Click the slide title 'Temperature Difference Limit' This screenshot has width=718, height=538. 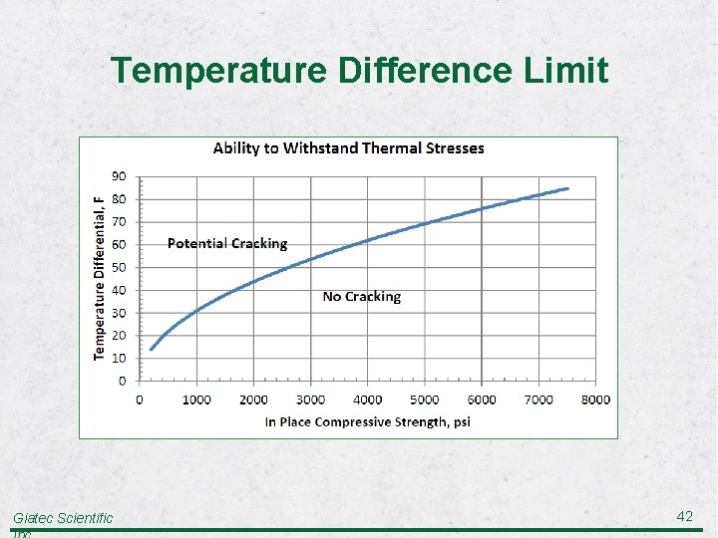(x=359, y=72)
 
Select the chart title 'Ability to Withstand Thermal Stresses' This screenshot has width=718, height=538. (x=348, y=148)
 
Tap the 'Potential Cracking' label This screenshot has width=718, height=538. (x=226, y=244)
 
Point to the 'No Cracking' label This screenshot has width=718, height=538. (x=361, y=297)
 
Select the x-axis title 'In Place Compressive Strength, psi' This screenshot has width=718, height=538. (x=367, y=422)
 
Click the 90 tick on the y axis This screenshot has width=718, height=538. (x=118, y=176)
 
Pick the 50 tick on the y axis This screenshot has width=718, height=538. (x=118, y=267)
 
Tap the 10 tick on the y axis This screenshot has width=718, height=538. (x=118, y=359)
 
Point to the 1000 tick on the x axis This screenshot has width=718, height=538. (x=196, y=400)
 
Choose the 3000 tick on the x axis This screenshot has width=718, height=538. (x=310, y=400)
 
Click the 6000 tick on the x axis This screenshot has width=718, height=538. (x=482, y=400)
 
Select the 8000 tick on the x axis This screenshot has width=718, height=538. (x=595, y=400)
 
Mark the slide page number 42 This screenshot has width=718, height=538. (x=684, y=516)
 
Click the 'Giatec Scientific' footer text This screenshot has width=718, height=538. (x=63, y=518)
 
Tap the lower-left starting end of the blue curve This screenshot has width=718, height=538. (x=151, y=349)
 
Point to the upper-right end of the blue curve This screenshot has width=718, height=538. (x=567, y=188)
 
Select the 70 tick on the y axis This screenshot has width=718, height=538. (x=118, y=222)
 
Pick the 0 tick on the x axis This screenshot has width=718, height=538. (x=140, y=400)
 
